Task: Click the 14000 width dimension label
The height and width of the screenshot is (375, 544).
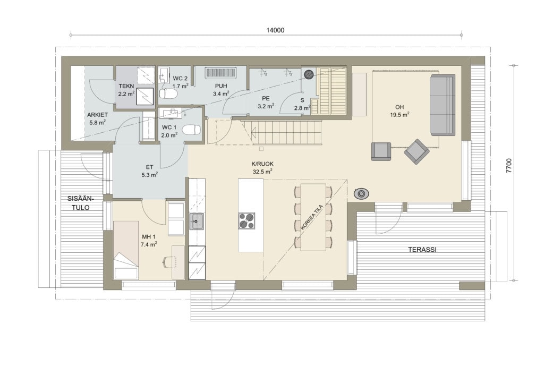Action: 275,30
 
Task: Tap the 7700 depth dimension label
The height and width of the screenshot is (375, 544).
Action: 508,166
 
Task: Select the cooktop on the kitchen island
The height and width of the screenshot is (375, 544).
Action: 246,220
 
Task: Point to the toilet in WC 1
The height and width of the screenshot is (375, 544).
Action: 191,130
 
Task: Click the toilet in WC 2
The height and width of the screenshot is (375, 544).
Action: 168,93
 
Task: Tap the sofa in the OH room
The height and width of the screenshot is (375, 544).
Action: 443,105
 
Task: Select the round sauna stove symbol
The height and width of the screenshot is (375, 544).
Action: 309,74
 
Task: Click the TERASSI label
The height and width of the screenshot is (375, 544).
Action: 422,250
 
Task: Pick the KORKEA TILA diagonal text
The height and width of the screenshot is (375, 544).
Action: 312,217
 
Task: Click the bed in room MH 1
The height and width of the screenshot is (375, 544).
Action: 126,250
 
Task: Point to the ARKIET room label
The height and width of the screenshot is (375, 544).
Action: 98,115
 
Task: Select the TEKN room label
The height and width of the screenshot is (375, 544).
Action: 126,86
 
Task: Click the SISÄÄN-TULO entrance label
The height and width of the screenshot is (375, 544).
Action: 81,203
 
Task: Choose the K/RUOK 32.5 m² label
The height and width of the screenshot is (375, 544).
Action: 262,167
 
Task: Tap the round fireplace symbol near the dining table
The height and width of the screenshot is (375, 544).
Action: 361,193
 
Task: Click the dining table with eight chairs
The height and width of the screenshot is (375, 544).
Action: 313,217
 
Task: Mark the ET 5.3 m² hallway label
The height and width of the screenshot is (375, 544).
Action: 149,171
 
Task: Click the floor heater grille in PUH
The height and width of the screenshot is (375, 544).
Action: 220,72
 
